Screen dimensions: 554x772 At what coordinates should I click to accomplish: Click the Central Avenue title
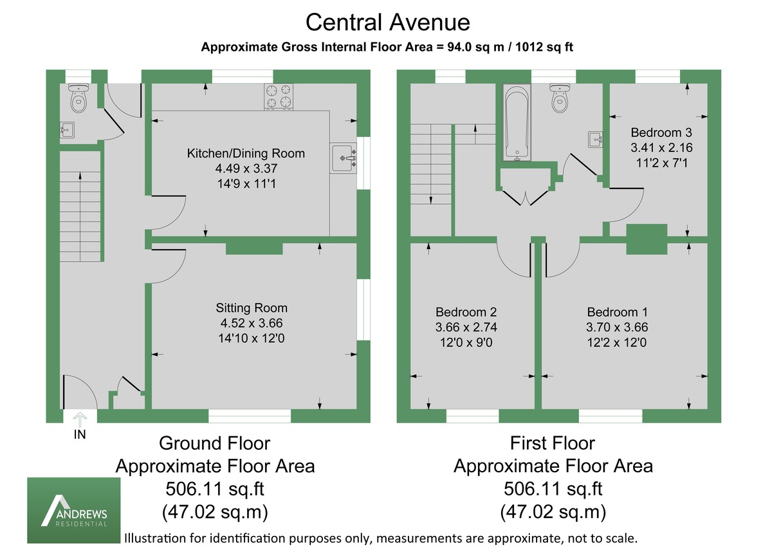point(387,23)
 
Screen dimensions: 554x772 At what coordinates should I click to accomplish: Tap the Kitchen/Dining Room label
point(246,154)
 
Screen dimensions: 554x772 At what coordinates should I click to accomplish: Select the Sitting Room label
point(252,308)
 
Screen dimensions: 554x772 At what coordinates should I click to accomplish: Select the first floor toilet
point(562,97)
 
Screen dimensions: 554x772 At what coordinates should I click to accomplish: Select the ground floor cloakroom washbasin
point(66,131)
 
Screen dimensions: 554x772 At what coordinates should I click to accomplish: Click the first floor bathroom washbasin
point(595,138)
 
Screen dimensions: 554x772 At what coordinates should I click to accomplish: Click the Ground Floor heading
point(214,443)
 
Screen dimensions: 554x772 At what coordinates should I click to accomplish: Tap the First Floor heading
point(553,443)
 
